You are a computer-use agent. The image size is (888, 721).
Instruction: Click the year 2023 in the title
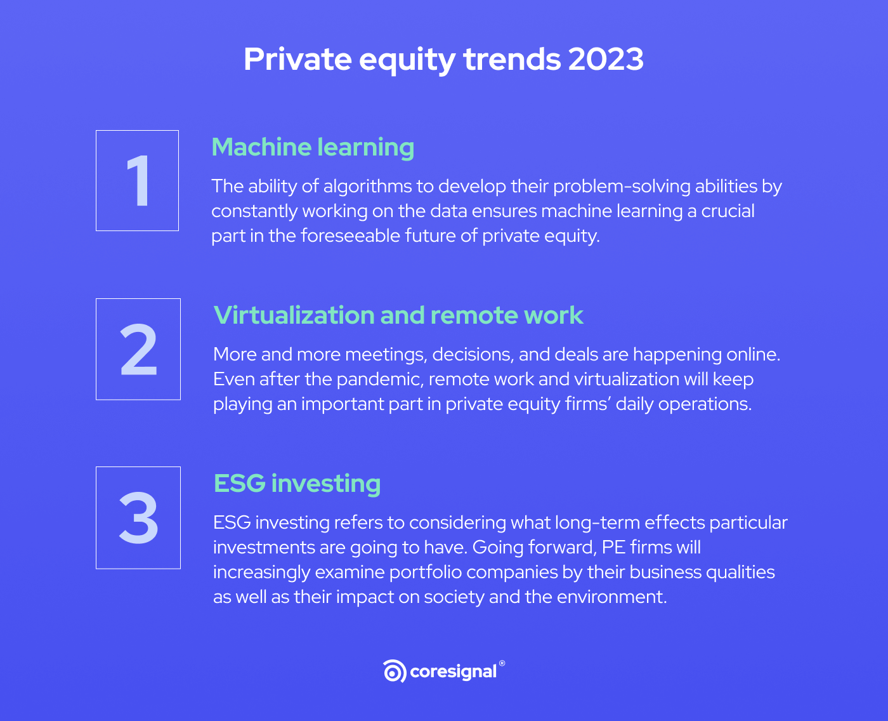[606, 59]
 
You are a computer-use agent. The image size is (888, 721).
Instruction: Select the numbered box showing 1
[137, 181]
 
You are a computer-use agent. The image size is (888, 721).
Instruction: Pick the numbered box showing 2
[138, 349]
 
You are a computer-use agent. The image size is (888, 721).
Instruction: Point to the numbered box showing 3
[138, 518]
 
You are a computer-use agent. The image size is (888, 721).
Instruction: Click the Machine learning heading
[313, 147]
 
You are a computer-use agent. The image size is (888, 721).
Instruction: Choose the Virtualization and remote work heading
[398, 315]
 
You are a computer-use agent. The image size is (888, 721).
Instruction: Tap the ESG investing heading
[297, 484]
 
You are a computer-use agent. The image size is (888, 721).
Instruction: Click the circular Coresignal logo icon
[395, 671]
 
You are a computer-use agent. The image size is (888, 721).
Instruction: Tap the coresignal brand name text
[453, 672]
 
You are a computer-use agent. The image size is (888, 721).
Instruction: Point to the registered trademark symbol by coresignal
[502, 663]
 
